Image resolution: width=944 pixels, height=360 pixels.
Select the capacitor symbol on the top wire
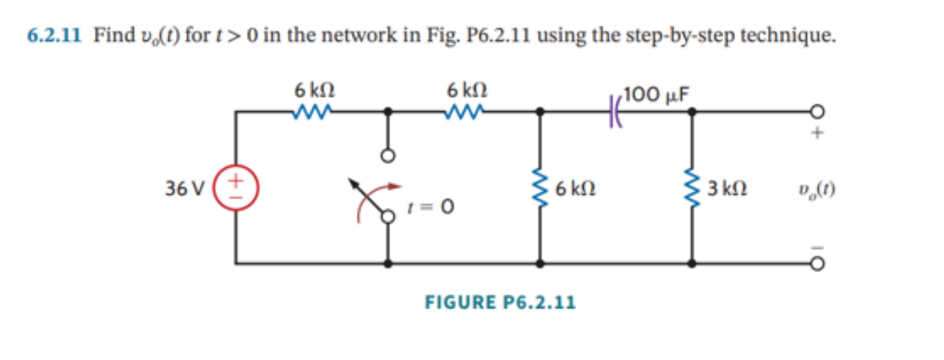tap(614, 113)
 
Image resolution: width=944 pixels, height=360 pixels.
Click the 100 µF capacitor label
tap(658, 95)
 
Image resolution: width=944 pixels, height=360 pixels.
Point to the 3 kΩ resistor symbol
tap(692, 188)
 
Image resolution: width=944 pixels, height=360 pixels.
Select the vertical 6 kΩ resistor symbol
tap(540, 188)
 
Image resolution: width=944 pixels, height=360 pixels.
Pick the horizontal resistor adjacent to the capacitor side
tap(466, 113)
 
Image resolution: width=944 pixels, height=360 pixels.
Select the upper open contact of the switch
tap(388, 155)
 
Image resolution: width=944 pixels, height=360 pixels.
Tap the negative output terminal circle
tap(817, 264)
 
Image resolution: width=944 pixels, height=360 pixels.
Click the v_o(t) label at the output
tap(817, 189)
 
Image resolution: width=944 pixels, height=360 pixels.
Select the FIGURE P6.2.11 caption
tap(500, 303)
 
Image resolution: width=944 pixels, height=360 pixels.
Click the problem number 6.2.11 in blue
tap(54, 35)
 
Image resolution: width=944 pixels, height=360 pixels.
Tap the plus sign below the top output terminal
tap(817, 134)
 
